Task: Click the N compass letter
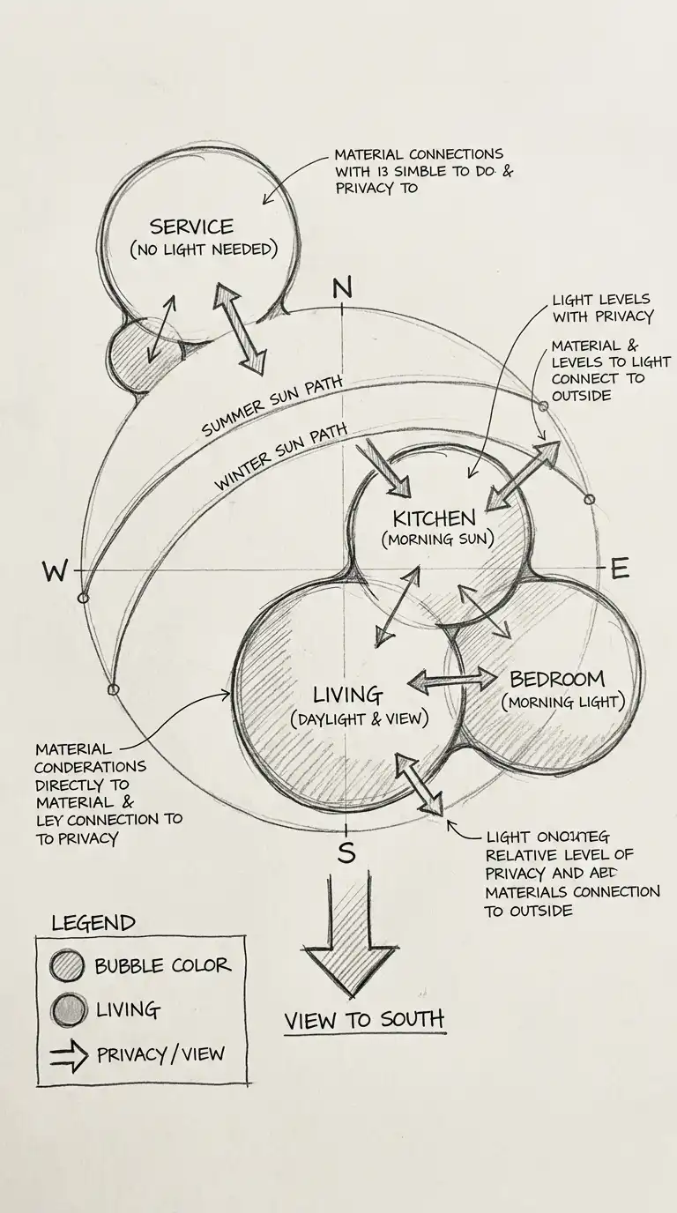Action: pyautogui.click(x=342, y=288)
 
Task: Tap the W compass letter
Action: pyautogui.click(x=55, y=572)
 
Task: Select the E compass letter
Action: pyautogui.click(x=620, y=569)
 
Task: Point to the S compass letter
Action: pyautogui.click(x=346, y=852)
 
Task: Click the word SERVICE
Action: pyautogui.click(x=191, y=227)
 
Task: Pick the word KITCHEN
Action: pyautogui.click(x=434, y=517)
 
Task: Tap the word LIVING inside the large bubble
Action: pyautogui.click(x=347, y=695)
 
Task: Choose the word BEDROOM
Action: pyautogui.click(x=557, y=679)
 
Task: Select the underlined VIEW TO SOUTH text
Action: pyautogui.click(x=363, y=1020)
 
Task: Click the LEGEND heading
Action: pyautogui.click(x=93, y=923)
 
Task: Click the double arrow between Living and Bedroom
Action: pyautogui.click(x=452, y=679)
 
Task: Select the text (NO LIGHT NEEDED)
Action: pyautogui.click(x=204, y=249)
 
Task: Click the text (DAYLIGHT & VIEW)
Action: pyautogui.click(x=359, y=719)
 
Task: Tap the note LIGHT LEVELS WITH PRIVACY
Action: pyautogui.click(x=602, y=308)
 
